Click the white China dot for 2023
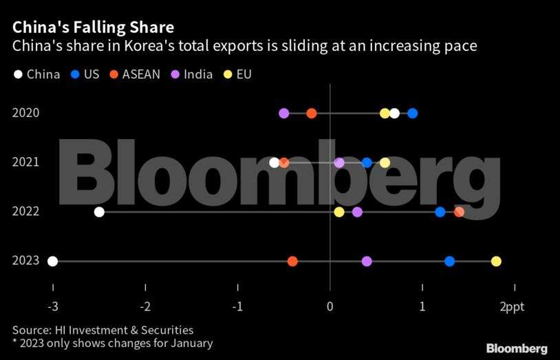tap(53, 261)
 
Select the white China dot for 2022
tap(99, 211)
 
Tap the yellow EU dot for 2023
tap(496, 261)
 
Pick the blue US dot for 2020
tap(412, 114)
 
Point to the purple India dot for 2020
tap(284, 114)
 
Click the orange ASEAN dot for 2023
tap(292, 261)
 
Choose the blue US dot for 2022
tap(440, 211)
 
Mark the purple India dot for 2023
tap(367, 261)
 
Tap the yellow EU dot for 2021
tap(385, 162)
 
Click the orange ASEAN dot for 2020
tap(312, 114)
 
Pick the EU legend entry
tap(236, 74)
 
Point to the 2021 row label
tap(25, 162)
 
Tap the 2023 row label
tap(25, 261)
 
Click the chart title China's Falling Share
tap(93, 28)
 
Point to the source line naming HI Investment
tap(103, 330)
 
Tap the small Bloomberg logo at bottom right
tap(517, 348)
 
